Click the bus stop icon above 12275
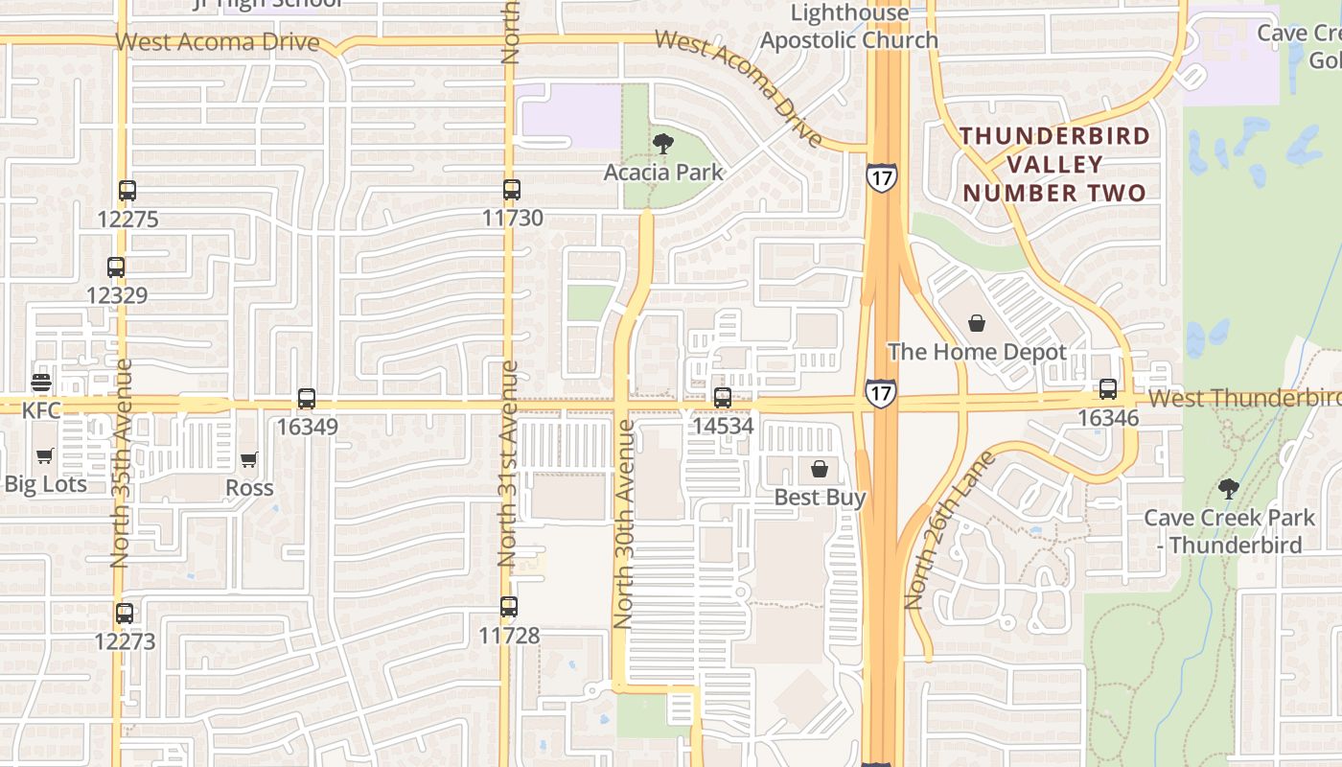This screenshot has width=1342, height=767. tap(127, 191)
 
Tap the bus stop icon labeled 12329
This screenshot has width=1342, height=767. tap(116, 267)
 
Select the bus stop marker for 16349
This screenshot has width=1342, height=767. tap(307, 399)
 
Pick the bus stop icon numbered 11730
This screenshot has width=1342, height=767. tap(512, 190)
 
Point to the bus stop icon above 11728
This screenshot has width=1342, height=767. tap(509, 607)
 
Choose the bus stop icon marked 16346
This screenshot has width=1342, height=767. tap(1108, 389)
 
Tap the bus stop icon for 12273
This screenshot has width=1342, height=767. tap(125, 614)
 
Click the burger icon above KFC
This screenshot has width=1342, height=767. tap(41, 383)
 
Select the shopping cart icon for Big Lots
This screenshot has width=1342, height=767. tap(44, 456)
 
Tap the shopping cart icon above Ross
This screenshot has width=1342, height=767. tap(249, 460)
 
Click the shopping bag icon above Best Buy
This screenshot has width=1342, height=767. tap(820, 469)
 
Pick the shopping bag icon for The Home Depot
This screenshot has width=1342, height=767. tap(977, 323)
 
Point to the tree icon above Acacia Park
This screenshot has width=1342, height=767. tap(662, 145)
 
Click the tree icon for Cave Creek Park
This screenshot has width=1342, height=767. tap(1229, 489)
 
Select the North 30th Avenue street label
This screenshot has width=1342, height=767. tap(623, 524)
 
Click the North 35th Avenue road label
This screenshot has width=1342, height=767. tap(120, 463)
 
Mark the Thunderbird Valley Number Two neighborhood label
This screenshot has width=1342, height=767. tap(1054, 164)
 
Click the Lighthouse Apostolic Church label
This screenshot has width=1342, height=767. tap(849, 27)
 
